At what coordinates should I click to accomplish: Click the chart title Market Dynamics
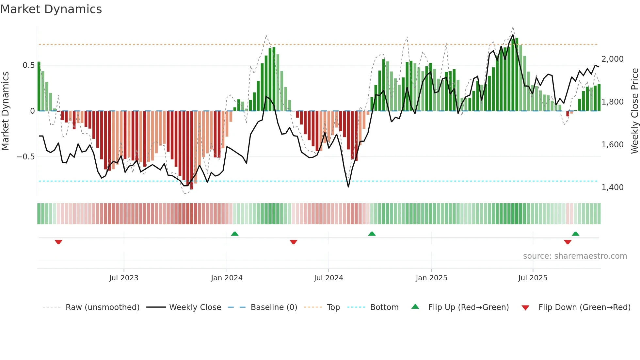click(x=51, y=9)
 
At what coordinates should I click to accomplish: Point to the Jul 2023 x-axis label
click(x=124, y=278)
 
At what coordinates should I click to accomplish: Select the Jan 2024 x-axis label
click(x=227, y=278)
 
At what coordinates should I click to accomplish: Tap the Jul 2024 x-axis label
click(x=328, y=278)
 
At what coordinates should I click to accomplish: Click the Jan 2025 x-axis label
click(x=431, y=278)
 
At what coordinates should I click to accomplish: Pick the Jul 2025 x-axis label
click(x=533, y=278)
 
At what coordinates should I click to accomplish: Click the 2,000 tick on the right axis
click(x=612, y=59)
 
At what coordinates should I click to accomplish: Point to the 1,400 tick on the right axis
click(x=612, y=188)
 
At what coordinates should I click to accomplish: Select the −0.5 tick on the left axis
click(x=25, y=157)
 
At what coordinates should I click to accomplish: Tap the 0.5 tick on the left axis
click(x=28, y=65)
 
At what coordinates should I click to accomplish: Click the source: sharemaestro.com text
click(x=575, y=256)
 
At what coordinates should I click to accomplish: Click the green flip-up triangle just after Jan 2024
click(x=234, y=234)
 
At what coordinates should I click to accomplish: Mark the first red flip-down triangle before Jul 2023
click(x=58, y=242)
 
